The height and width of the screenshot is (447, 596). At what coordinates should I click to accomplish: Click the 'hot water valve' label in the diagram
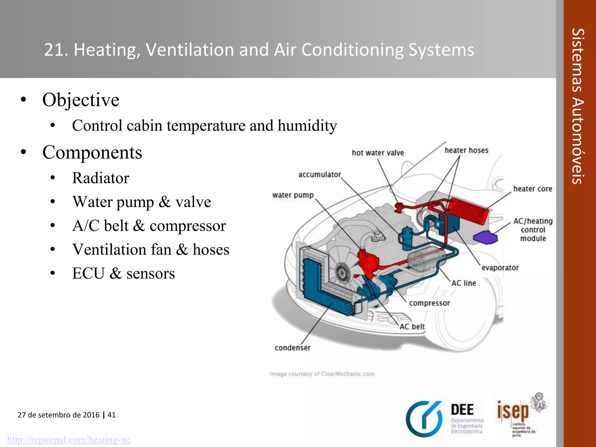point(378,153)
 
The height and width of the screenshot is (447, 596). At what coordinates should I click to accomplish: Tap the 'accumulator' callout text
point(320,175)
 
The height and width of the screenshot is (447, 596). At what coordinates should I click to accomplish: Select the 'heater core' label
point(533,189)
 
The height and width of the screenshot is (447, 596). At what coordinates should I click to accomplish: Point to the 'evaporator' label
point(500,268)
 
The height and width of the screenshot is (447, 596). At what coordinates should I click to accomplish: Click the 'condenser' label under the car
point(292,348)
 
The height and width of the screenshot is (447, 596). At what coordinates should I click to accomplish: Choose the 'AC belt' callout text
point(412,327)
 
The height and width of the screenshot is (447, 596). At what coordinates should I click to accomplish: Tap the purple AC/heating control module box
point(485,237)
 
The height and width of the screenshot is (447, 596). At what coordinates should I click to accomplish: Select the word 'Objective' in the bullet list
point(81,100)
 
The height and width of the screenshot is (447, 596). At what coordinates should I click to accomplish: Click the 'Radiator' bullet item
point(100,178)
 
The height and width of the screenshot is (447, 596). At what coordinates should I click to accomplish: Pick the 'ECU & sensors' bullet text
point(123,274)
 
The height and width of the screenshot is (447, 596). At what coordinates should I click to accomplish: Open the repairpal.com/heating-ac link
point(68,439)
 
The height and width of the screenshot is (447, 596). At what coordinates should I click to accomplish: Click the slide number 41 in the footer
point(112,415)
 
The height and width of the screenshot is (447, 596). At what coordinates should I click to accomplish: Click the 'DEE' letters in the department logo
point(462,410)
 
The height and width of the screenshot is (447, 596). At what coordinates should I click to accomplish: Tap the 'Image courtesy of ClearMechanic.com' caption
point(322,374)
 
